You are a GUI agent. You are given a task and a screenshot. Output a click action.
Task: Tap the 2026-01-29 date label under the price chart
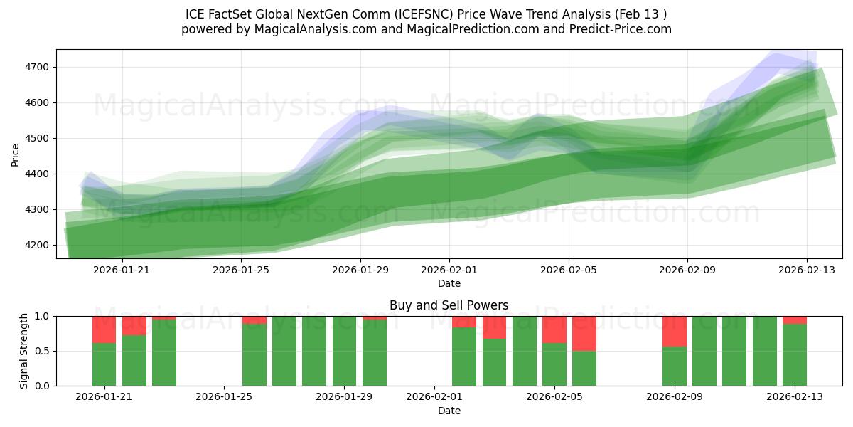tap(360, 270)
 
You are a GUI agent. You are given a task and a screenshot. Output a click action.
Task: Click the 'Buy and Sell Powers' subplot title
tap(449, 305)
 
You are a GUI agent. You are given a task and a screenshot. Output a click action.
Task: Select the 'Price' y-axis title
tap(16, 154)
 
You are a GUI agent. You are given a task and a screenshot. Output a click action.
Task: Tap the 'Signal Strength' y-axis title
tap(23, 351)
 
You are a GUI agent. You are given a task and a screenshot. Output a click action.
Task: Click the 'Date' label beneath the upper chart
tap(449, 283)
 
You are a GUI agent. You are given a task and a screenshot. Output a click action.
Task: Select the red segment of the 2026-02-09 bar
tap(675, 331)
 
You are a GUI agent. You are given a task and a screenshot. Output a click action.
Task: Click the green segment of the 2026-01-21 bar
tap(104, 364)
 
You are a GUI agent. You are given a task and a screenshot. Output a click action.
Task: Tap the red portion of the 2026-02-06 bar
tap(584, 333)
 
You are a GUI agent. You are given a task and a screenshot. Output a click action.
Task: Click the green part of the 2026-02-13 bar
tap(795, 354)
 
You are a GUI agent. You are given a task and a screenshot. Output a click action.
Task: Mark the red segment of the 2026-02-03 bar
tap(494, 327)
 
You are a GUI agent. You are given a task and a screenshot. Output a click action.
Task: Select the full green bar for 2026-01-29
tap(344, 351)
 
